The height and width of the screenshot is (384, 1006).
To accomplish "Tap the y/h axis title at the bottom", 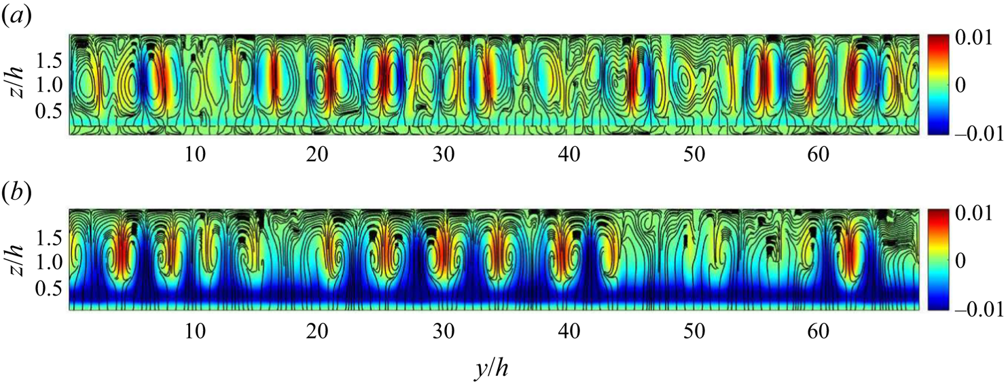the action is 491,369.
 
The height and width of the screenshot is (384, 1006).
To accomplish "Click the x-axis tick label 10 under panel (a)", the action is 195,155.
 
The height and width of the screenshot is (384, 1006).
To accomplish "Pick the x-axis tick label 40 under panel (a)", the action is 569,155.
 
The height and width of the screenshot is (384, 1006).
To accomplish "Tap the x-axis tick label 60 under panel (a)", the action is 819,155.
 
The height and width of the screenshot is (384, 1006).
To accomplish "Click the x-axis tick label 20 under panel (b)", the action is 317,332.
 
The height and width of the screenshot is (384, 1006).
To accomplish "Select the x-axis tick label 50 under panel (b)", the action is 694,332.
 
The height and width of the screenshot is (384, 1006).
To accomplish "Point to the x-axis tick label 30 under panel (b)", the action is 444,332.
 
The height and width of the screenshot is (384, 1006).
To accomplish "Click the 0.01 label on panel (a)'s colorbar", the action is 973,38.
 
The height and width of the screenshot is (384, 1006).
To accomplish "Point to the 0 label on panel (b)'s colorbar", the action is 960,260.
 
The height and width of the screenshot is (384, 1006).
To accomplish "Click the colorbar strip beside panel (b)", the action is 938,260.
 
